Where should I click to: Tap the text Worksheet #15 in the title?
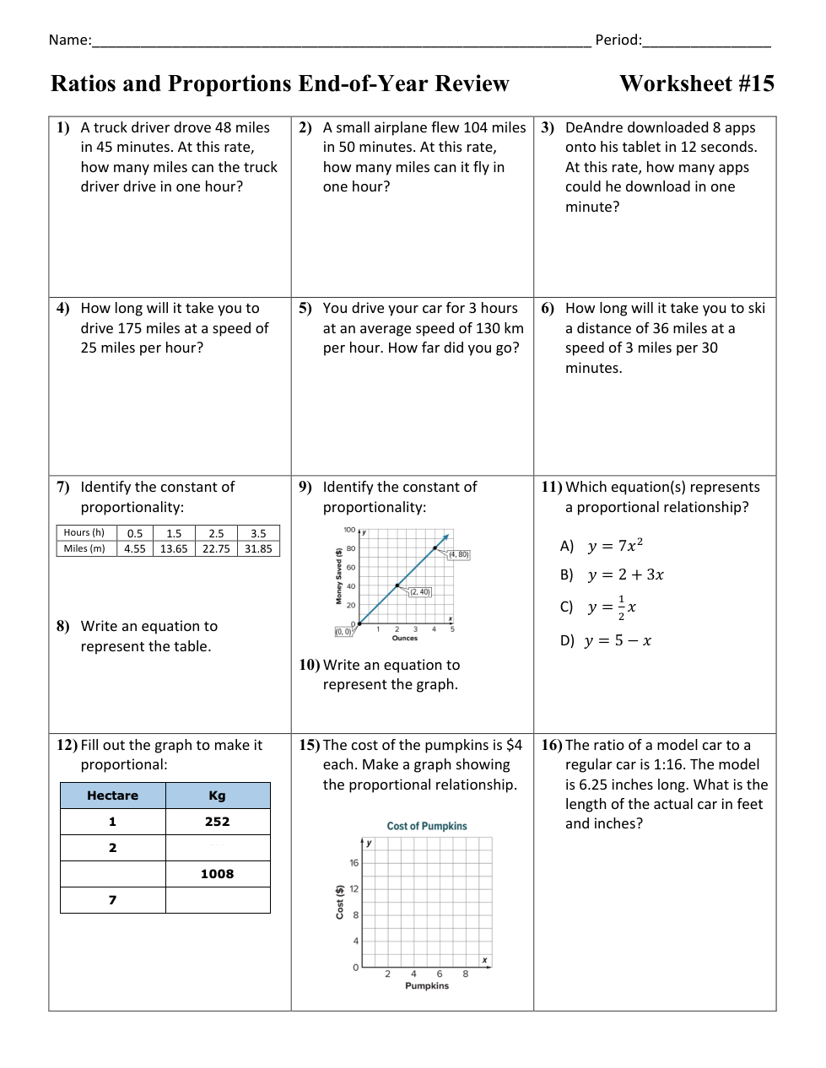696,84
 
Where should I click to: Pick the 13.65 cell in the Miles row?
174,548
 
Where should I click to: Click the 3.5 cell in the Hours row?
258,533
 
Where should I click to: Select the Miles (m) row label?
84,548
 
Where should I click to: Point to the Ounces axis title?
405,638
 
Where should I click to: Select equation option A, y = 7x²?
615,546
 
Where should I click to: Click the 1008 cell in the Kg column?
217,874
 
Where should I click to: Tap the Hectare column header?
112,796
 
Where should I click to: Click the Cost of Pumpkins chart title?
427,826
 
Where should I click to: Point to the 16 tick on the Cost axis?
354,863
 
